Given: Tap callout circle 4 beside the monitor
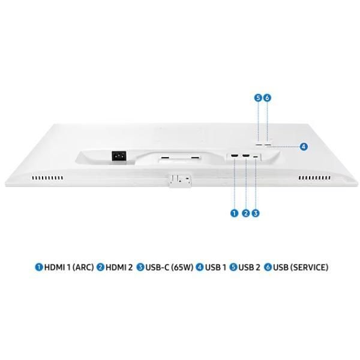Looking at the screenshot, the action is [x=304, y=146].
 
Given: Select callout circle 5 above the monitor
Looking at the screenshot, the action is [x=258, y=97].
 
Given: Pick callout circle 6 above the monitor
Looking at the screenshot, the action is [x=268, y=97].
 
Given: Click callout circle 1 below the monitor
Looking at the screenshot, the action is [x=234, y=212].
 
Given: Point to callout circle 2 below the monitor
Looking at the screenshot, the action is [x=245, y=212].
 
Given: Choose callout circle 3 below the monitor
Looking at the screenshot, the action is [x=256, y=212].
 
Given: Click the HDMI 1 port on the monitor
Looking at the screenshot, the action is [x=233, y=158].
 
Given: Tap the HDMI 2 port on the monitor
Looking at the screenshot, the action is [x=245, y=158].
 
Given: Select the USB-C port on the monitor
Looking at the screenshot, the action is [x=256, y=158].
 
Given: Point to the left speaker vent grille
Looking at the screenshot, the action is [x=47, y=178].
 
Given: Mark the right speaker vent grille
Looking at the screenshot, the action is [x=314, y=178].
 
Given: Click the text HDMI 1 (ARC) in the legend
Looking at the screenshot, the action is [x=69, y=268].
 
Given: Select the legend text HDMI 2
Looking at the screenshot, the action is [x=119, y=268].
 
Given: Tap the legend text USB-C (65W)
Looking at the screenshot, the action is [x=169, y=268].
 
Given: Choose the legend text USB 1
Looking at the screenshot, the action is [x=215, y=268].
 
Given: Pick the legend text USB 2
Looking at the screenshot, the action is [x=249, y=268].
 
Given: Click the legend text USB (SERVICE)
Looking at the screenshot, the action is [x=301, y=268].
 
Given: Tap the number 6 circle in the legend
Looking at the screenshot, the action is [x=268, y=268].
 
